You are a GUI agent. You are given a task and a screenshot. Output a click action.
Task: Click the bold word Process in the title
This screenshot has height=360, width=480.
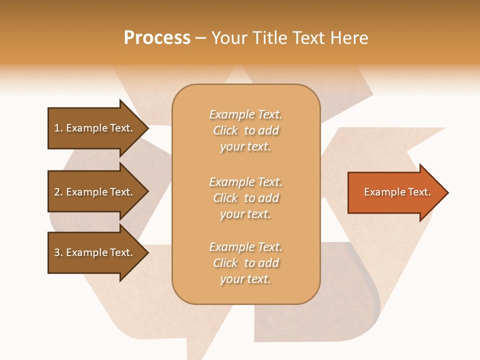pyautogui.click(x=157, y=38)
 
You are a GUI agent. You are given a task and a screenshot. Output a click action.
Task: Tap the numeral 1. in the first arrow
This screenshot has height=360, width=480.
pyautogui.click(x=58, y=128)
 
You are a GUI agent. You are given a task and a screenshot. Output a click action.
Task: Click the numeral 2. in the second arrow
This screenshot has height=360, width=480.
pyautogui.click(x=58, y=192)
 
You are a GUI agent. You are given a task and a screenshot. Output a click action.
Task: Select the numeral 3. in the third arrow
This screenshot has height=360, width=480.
pyautogui.click(x=58, y=252)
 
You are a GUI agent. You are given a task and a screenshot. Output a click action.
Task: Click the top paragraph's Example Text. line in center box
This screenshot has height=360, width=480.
pyautogui.click(x=245, y=114)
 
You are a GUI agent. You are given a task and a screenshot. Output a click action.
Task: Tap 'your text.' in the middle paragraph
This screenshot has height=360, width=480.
pyautogui.click(x=245, y=214)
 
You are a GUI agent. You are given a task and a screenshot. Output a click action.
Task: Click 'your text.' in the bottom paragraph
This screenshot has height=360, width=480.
pyautogui.click(x=245, y=279)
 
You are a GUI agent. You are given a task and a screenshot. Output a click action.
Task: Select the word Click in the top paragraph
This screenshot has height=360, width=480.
pyautogui.click(x=225, y=130)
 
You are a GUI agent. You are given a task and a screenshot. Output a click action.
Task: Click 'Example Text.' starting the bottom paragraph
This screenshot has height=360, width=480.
pyautogui.click(x=245, y=247)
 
